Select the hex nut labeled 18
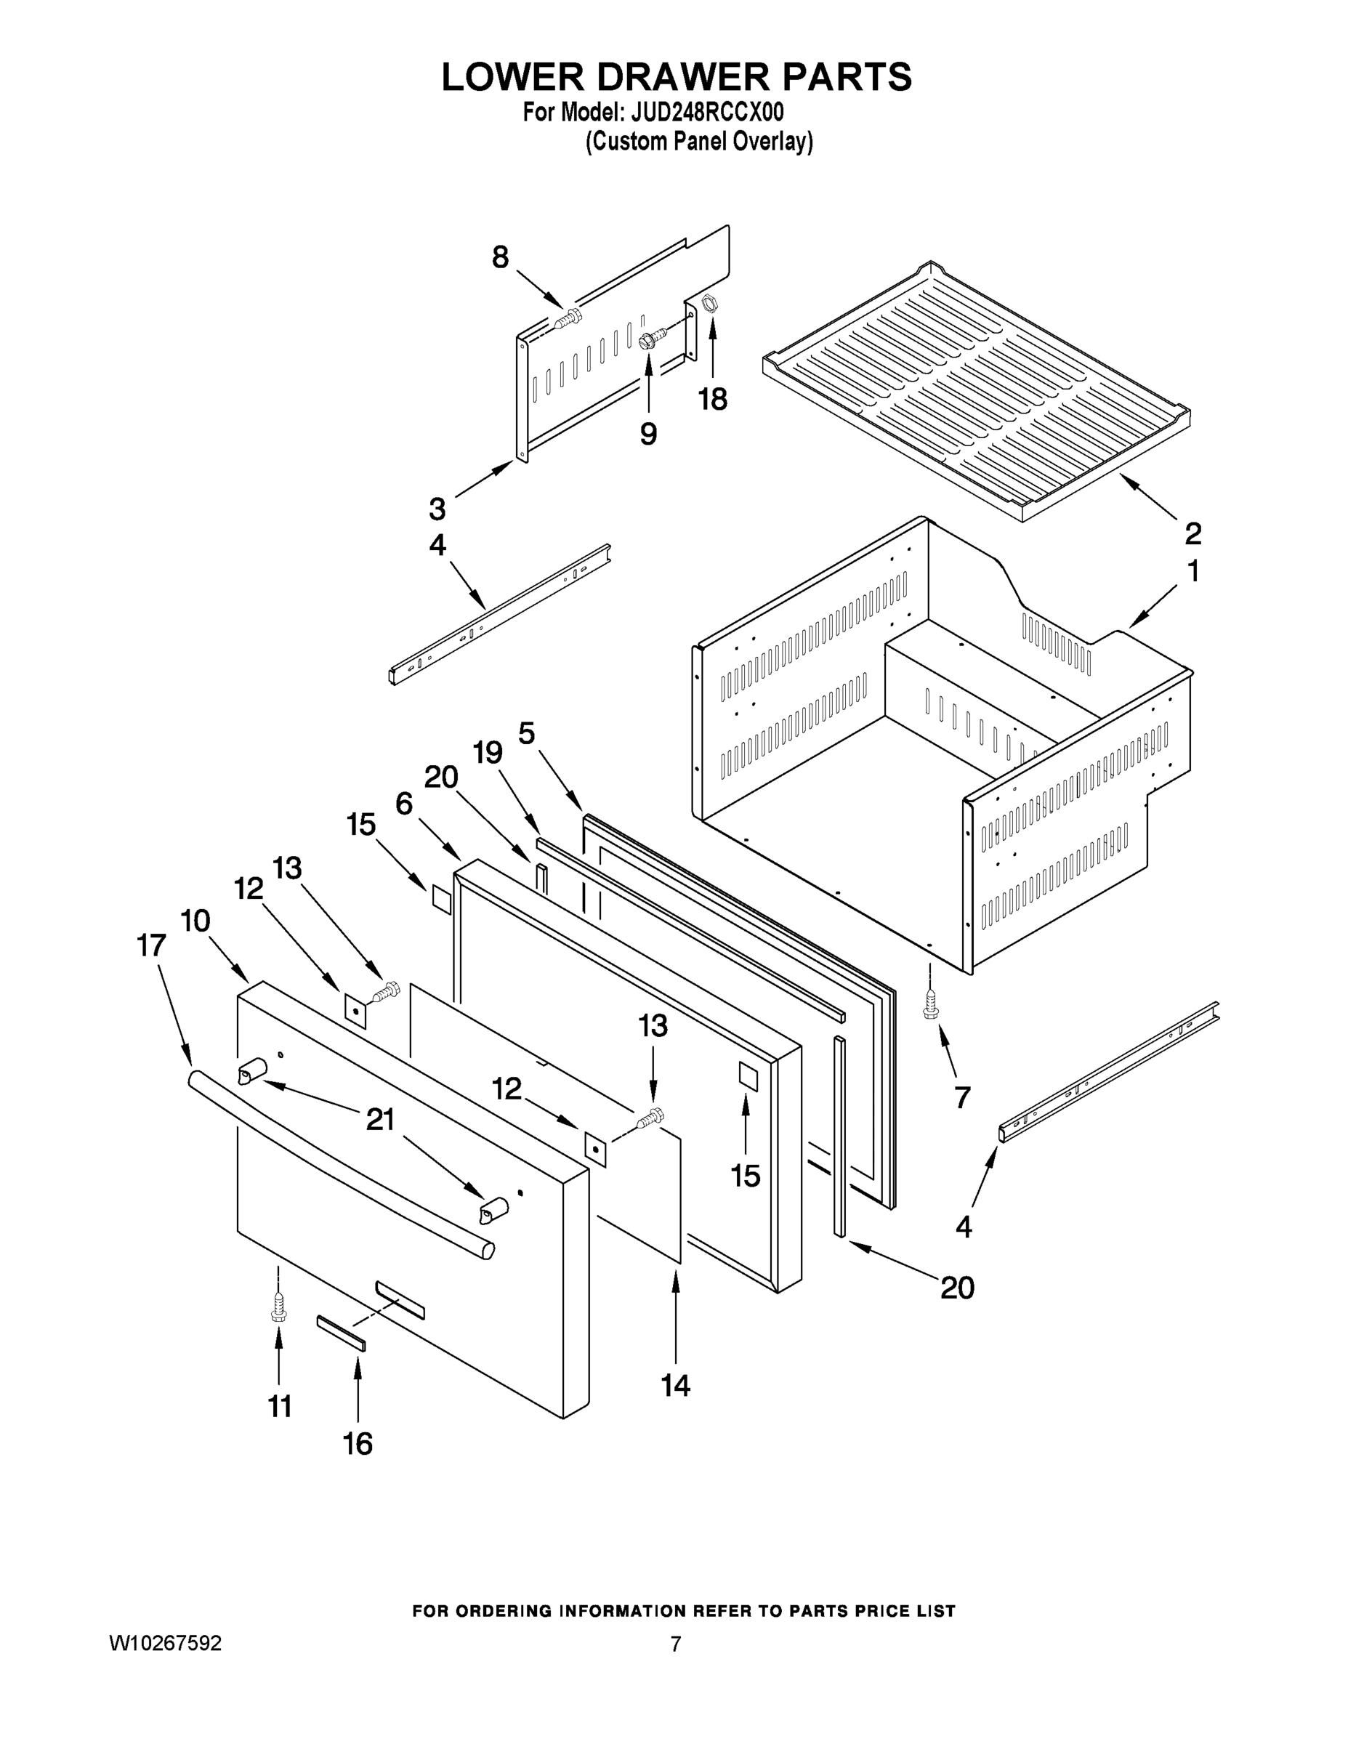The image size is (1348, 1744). pos(707,304)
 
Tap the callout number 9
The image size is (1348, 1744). pos(648,434)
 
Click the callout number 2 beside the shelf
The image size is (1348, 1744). pos(1192,532)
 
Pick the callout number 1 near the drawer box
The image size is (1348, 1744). pos(1192,572)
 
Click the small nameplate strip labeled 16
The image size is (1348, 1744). pos(341,1333)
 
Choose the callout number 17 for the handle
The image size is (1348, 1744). pos(151,945)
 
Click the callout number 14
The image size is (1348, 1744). pos(676,1384)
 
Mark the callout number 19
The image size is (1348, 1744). pos(487,751)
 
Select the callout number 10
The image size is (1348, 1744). pos(195,921)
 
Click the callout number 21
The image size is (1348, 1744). pos(380,1120)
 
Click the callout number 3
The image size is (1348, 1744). pos(437,508)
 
